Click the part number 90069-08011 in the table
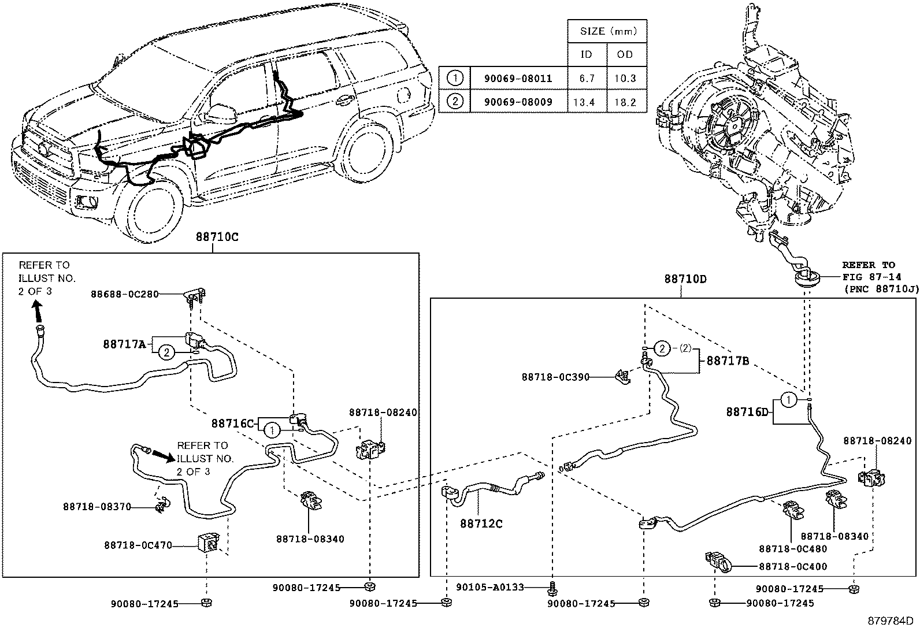(518, 79)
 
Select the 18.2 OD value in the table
(625, 102)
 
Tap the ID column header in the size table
(586, 54)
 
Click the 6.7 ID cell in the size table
(587, 79)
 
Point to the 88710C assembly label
(217, 237)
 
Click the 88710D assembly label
(685, 279)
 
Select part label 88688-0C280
(124, 294)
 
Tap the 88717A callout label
(124, 344)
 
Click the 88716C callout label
(233, 424)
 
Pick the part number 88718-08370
(97, 507)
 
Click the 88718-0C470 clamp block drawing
(209, 543)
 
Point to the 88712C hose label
(481, 523)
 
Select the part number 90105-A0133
(490, 588)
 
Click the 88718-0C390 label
(555, 377)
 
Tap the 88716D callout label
(747, 412)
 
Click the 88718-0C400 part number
(793, 566)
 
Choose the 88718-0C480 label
(793, 549)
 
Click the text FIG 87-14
(871, 277)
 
